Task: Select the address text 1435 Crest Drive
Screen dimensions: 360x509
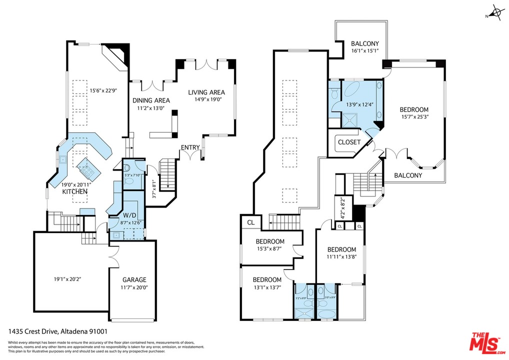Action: click(33, 331)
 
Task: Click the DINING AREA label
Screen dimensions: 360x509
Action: click(151, 100)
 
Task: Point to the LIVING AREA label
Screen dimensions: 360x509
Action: click(206, 92)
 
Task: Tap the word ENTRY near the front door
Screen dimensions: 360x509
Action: click(190, 147)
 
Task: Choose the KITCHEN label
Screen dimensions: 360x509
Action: click(74, 191)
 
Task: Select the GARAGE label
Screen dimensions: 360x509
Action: click(134, 280)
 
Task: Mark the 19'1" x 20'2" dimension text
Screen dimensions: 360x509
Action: click(67, 279)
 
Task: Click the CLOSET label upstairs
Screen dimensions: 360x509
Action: click(349, 142)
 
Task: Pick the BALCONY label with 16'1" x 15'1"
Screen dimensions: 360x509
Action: click(364, 43)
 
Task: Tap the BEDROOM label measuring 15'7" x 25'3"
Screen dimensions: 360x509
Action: click(414, 109)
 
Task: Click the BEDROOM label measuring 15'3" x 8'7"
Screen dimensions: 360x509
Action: click(270, 241)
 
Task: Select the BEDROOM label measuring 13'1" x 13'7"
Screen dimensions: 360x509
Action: click(266, 279)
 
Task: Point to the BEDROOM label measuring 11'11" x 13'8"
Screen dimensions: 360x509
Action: click(341, 249)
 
